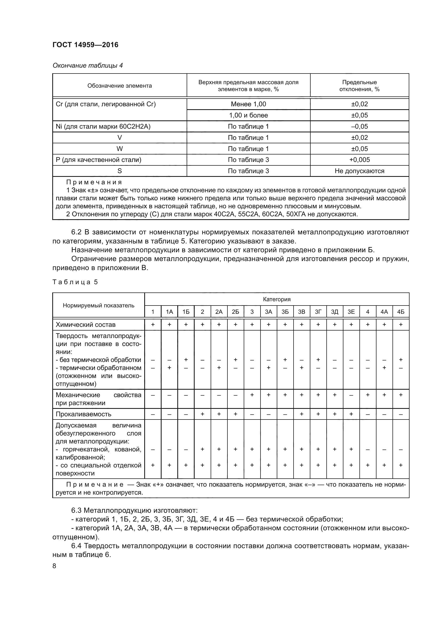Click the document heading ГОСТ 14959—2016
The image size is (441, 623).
point(85,45)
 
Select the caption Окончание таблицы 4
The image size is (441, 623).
point(87,66)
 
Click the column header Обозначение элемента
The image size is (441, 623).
point(119,86)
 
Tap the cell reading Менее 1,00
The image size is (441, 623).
point(248,104)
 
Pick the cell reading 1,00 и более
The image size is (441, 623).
point(248,115)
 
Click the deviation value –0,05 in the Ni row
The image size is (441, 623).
point(359,127)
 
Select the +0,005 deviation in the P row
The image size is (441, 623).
point(359,160)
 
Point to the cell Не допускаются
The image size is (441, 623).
point(359,171)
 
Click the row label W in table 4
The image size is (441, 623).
point(119,149)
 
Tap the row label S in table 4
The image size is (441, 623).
point(119,171)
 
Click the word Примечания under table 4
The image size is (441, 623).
point(94,182)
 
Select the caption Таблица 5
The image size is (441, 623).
point(75,282)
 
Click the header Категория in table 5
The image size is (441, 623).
point(276,299)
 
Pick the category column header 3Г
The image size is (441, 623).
point(318,312)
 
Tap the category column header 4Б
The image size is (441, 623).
point(400,312)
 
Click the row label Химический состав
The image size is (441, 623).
point(86,324)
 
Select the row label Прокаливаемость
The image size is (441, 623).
point(83,414)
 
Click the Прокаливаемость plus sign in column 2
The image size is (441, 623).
point(202,414)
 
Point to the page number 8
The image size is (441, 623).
point(54,566)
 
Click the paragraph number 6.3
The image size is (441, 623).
point(76,510)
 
